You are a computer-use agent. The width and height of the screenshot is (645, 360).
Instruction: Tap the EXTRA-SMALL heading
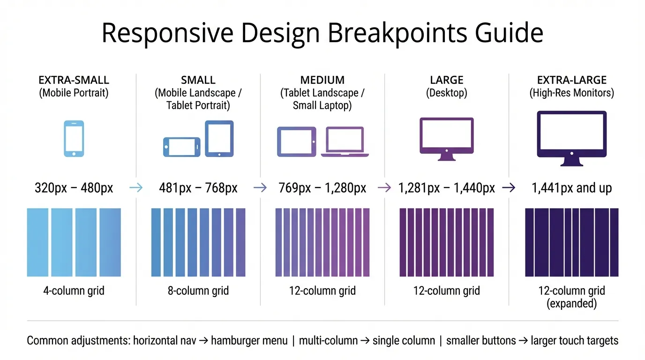pos(74,80)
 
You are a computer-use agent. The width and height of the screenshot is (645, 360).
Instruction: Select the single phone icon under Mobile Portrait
pos(74,138)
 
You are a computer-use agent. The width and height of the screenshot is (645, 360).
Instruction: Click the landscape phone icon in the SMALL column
pos(181,147)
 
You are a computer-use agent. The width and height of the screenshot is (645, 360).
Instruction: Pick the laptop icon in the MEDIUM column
pos(345,142)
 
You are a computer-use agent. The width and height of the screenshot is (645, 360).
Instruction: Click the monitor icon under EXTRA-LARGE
pos(571,138)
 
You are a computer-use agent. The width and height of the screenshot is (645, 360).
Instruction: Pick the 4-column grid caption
pos(74,291)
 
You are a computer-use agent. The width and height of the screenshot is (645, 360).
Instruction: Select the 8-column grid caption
pos(198,291)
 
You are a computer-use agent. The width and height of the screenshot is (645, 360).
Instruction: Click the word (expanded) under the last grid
pos(571,303)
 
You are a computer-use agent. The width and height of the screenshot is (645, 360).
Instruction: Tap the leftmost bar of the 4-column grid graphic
pos(37,242)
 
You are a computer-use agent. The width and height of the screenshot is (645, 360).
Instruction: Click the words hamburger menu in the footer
pos(249,340)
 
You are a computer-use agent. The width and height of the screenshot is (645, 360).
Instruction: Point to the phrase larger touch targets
pos(574,340)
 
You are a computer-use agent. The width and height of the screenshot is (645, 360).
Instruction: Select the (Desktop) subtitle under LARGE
pos(446,93)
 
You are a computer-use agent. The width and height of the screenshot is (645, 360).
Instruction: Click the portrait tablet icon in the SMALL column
pos(219,138)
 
